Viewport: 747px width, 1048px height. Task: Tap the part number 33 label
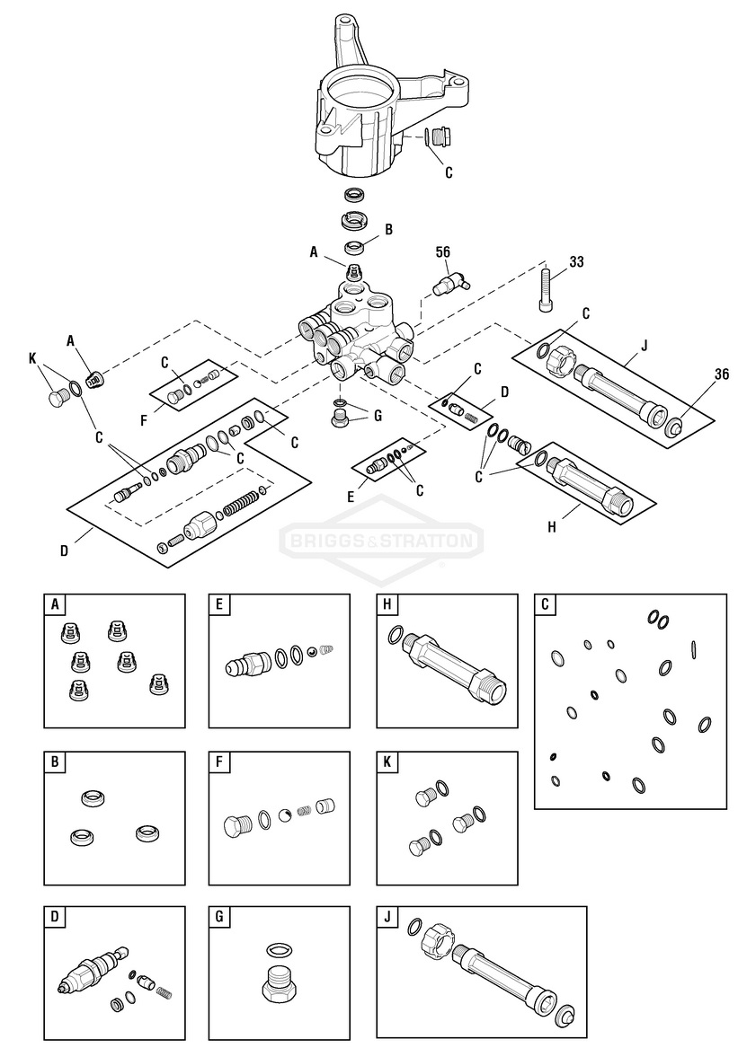[576, 261]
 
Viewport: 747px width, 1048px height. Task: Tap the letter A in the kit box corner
[55, 605]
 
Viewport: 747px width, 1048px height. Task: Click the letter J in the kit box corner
[387, 918]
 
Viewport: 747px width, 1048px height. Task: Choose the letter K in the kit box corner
[387, 762]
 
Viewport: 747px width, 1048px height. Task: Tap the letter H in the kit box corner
[387, 605]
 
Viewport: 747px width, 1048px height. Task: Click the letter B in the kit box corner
[55, 762]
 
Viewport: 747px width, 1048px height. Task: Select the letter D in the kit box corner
[55, 918]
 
